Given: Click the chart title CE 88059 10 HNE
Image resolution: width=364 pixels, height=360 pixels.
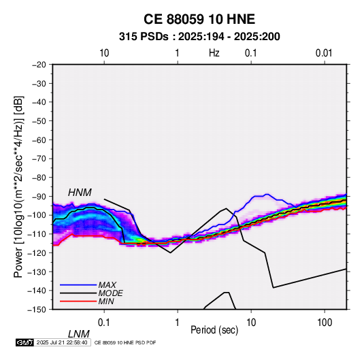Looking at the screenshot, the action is [x=199, y=19].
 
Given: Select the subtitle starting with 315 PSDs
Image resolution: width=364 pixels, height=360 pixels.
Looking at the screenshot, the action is [x=199, y=37].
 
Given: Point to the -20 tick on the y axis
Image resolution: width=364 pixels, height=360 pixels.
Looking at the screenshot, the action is [x=39, y=65].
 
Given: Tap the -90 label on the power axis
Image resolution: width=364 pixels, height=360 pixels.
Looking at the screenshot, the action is [x=39, y=196].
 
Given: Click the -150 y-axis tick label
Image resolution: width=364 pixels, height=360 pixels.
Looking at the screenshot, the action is [x=37, y=310].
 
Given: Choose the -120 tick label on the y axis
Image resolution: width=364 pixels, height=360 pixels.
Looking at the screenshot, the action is [x=37, y=252].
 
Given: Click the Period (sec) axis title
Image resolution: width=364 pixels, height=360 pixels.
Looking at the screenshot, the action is [x=214, y=330].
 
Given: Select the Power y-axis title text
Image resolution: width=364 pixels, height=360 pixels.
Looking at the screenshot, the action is [x=18, y=186].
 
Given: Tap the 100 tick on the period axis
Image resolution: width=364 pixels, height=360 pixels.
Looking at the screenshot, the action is [x=325, y=323].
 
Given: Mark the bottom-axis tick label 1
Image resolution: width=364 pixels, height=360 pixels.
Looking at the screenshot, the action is [x=178, y=323].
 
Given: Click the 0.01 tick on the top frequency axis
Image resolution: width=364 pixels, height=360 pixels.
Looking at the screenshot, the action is [x=324, y=53].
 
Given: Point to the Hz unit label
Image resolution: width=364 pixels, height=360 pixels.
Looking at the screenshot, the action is [x=214, y=53].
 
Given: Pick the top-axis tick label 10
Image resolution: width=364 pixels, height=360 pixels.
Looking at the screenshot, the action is [x=104, y=53].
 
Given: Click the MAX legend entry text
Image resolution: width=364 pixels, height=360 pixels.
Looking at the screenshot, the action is [x=107, y=284].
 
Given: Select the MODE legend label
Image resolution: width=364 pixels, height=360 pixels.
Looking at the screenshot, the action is [x=110, y=293].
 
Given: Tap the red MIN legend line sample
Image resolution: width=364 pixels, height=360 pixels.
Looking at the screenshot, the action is [x=78, y=301].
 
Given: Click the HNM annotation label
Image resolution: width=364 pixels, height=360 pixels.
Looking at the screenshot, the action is [x=80, y=193].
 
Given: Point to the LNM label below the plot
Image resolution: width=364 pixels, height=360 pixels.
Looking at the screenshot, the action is [x=79, y=334].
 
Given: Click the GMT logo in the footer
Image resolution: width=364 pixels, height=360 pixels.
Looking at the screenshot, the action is [x=24, y=342].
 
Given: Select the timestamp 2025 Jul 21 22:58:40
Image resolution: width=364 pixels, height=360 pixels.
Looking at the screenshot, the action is [x=62, y=342].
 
